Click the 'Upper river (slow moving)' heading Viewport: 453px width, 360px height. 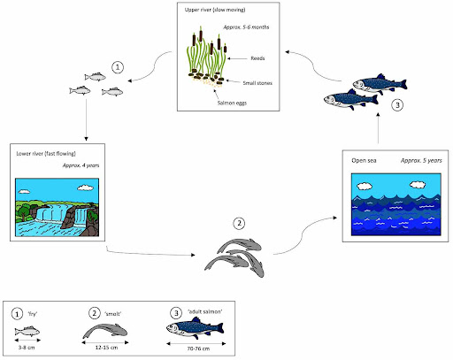(x=213, y=11)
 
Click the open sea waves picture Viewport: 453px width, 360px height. (x=390, y=210)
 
